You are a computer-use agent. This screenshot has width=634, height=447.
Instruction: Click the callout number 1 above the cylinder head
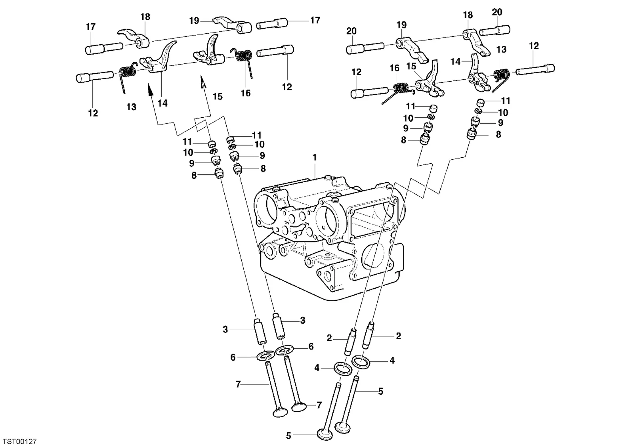click(x=314, y=157)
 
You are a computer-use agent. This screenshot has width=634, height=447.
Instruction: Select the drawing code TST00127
click(x=19, y=441)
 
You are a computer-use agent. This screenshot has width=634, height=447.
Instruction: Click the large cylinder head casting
click(x=329, y=238)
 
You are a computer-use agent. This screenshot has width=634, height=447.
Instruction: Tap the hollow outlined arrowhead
click(x=203, y=81)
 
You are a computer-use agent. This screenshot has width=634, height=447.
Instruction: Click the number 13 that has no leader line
click(x=131, y=107)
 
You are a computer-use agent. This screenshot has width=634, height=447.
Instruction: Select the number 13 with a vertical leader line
click(x=501, y=50)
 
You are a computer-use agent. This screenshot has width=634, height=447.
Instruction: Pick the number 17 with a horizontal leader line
click(x=315, y=20)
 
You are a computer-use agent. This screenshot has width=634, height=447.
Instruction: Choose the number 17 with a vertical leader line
click(x=91, y=27)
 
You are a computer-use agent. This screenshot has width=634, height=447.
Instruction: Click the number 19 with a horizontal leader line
click(x=194, y=21)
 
